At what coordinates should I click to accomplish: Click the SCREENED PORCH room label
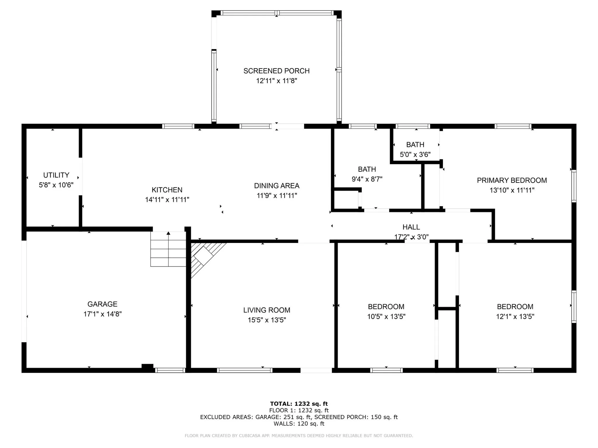tap(277, 71)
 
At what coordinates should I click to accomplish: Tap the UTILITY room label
tap(56, 175)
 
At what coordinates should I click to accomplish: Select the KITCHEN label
tap(167, 190)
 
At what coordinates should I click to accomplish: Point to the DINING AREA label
tap(277, 186)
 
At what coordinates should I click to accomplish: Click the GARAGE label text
tap(102, 304)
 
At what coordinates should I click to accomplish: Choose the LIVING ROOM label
tap(267, 310)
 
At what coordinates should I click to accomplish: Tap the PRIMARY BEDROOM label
tap(512, 180)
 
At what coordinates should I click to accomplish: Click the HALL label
tap(411, 227)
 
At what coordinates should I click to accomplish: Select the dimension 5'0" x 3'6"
tap(415, 155)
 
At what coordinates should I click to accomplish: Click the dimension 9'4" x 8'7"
tap(367, 179)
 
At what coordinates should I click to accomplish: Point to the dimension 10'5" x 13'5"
tap(386, 316)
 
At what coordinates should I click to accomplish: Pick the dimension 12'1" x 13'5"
tap(515, 316)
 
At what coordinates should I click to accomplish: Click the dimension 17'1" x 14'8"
tap(102, 314)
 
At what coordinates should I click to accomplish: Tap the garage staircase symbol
tap(168, 249)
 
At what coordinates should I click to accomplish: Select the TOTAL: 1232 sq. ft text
tap(299, 404)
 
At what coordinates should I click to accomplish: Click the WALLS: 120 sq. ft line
tap(299, 423)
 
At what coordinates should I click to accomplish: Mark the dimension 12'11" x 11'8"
tap(277, 81)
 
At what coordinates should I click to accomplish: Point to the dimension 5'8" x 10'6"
tap(56, 185)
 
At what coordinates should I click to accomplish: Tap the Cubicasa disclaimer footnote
tap(299, 436)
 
